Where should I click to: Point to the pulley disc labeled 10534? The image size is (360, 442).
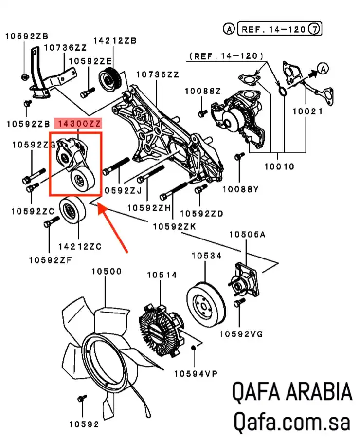tap(205, 301)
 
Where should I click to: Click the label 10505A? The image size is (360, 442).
tap(247, 234)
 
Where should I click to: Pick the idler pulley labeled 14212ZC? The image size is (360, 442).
tap(73, 210)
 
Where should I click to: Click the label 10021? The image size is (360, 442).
tap(307, 111)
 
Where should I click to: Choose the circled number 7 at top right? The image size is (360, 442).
tap(315, 30)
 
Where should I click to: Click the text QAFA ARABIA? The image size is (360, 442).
tap(291, 392)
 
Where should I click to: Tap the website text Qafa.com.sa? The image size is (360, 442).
tap(291, 422)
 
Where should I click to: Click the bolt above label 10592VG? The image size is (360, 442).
tap(237, 303)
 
